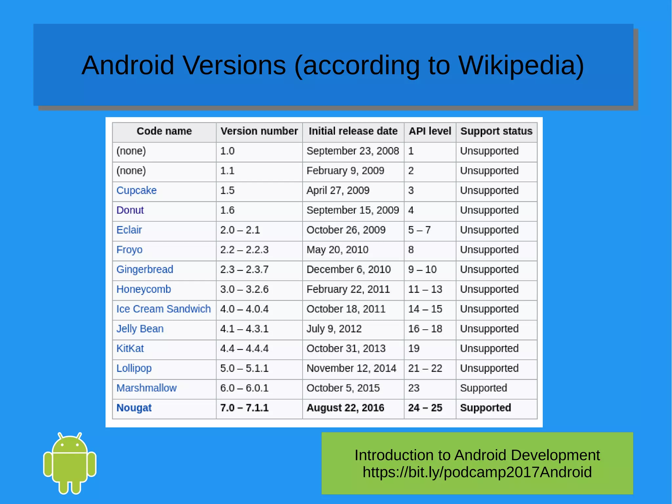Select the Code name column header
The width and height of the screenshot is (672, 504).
[x=164, y=131]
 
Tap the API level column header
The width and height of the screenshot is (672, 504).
[x=430, y=131]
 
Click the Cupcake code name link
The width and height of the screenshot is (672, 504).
[x=136, y=190]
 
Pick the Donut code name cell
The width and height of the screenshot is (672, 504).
[x=130, y=210]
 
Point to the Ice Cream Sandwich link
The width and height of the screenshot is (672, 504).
[x=163, y=309]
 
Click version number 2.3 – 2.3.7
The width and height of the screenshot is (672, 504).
[x=244, y=270]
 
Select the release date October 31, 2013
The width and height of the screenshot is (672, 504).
[x=346, y=348]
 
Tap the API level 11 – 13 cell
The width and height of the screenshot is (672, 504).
[x=425, y=289]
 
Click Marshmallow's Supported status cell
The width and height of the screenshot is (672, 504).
[x=483, y=388]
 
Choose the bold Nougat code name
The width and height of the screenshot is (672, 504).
[x=134, y=408]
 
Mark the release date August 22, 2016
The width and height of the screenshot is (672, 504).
[x=345, y=408]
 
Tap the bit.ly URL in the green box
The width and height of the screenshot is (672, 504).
[x=477, y=472]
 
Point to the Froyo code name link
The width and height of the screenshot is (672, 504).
[x=129, y=250]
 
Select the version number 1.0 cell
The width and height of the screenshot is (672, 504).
[x=227, y=151]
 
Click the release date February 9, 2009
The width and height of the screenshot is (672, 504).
[x=345, y=171]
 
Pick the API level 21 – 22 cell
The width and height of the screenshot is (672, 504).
[x=425, y=368]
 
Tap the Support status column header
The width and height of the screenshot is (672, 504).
[x=496, y=131]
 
